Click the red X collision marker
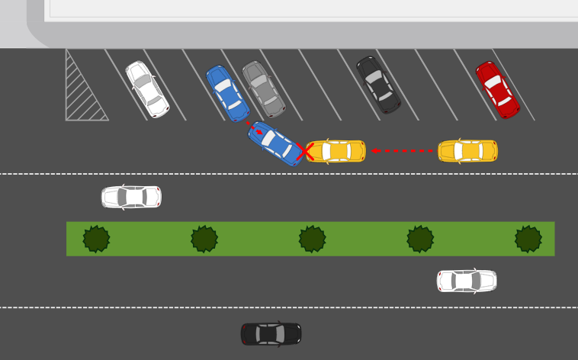pyautogui.click(x=305, y=152)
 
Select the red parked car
pyautogui.click(x=497, y=90)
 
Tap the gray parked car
pyautogui.click(x=264, y=89)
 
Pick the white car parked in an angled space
pyautogui.click(x=147, y=89)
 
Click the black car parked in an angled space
pyautogui.click(x=378, y=85)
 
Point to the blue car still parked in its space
pyautogui.click(x=227, y=93)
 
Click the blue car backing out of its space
pyautogui.click(x=275, y=143)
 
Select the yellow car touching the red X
pyautogui.click(x=336, y=151)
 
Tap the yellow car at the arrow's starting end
pyautogui.click(x=467, y=151)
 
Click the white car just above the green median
pyautogui.click(x=131, y=198)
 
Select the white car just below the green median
pyautogui.click(x=467, y=281)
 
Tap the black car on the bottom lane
pyautogui.click(x=271, y=334)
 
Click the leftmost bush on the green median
pyautogui.click(x=96, y=239)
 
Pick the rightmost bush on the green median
pyautogui.click(x=528, y=239)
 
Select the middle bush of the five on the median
pyautogui.click(x=312, y=239)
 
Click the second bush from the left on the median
pyautogui.click(x=204, y=239)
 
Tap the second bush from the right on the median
pyautogui.click(x=420, y=239)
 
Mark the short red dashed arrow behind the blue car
pyautogui.click(x=254, y=127)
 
